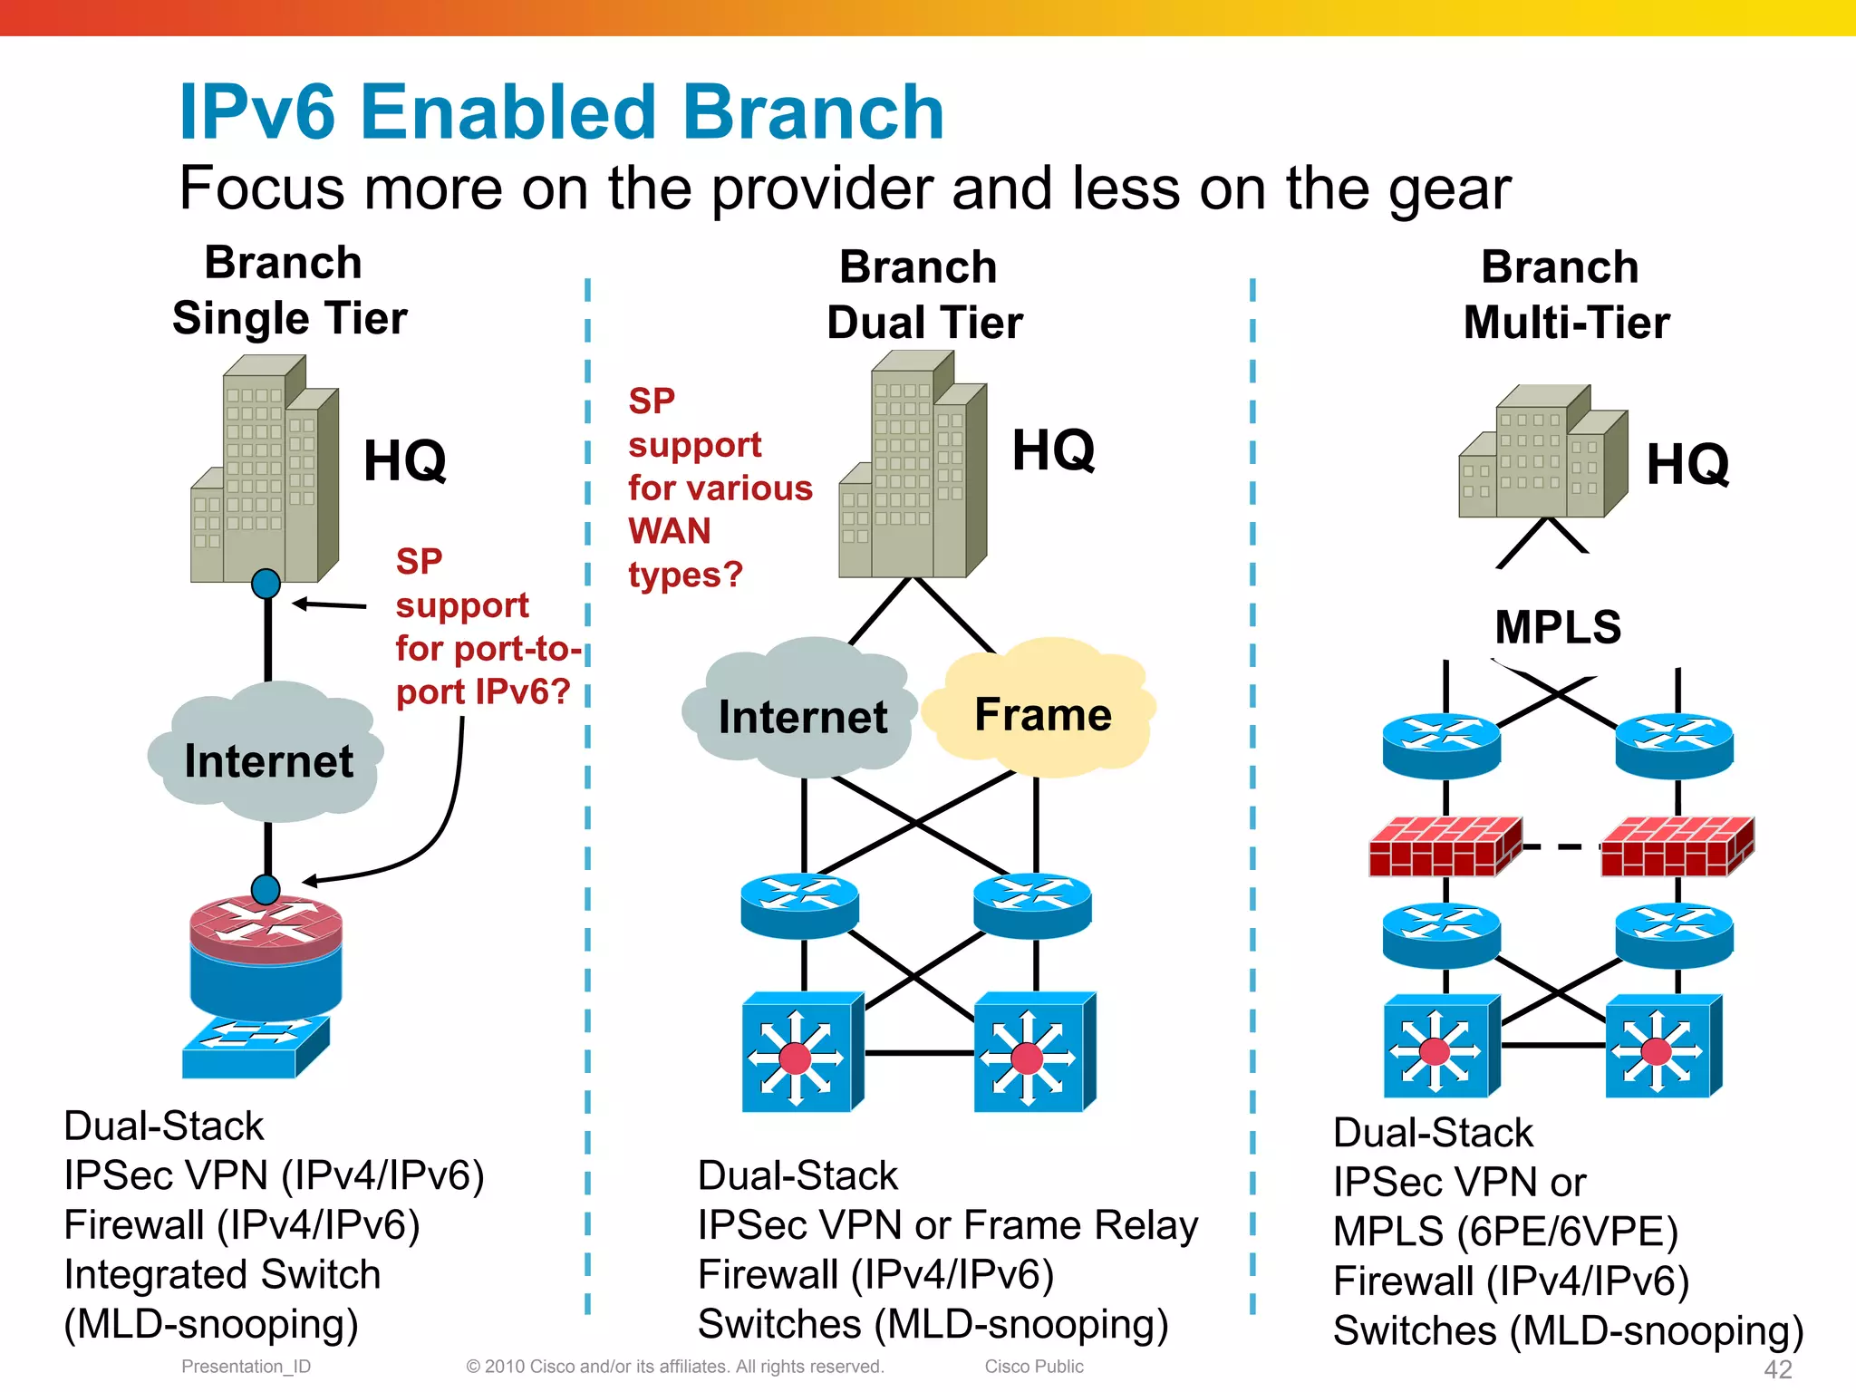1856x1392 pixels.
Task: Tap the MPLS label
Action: [x=1557, y=627]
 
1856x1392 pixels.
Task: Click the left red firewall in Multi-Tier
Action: [x=1444, y=846]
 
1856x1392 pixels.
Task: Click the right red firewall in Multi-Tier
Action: [x=1677, y=846]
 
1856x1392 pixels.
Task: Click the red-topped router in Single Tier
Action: [x=266, y=952]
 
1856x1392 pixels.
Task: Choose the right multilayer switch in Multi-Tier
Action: [x=1663, y=1047]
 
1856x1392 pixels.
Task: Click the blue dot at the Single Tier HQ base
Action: [x=266, y=583]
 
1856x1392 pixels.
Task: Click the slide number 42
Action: [x=1777, y=1368]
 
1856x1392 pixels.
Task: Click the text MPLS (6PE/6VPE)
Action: [x=1505, y=1231]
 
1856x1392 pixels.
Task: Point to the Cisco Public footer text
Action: [x=1033, y=1366]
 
